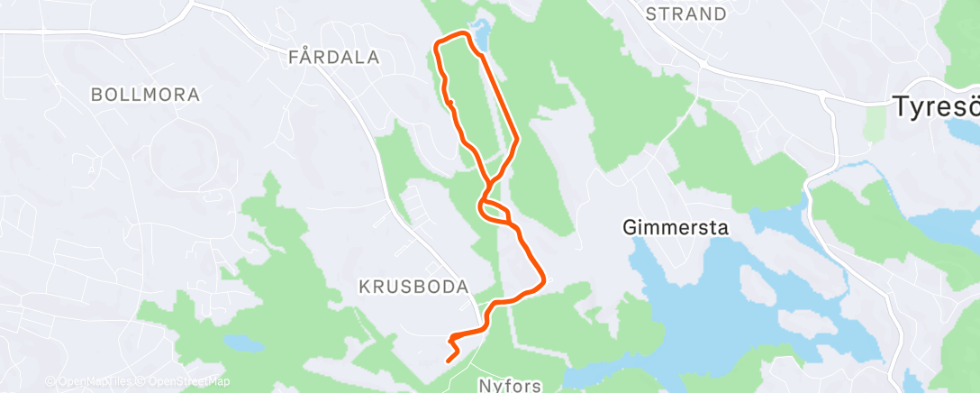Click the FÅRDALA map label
coord(334,58)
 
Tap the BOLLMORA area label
coord(145,95)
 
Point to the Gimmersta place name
coord(675,228)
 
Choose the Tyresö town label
coord(936,106)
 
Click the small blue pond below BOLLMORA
coord(244,344)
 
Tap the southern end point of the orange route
coord(449,361)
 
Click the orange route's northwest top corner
coord(438,43)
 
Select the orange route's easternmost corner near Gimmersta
coord(542,280)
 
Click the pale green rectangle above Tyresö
coord(874,125)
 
